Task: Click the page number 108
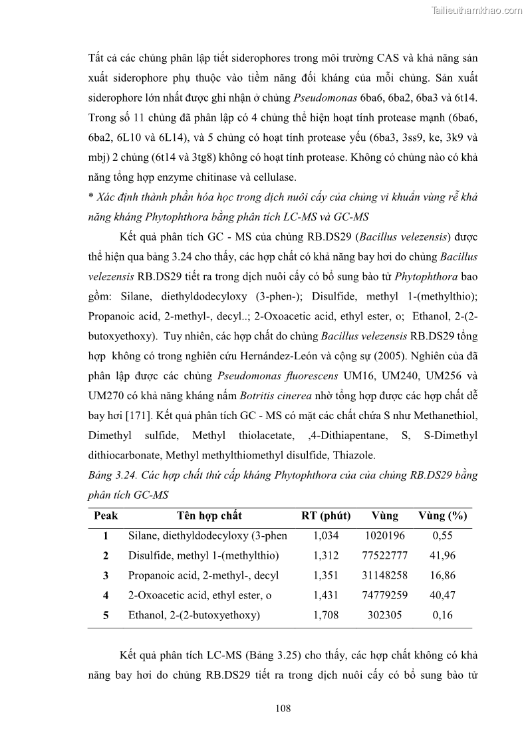point(283,708)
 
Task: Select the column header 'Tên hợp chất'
point(209,515)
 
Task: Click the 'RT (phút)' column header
point(326,515)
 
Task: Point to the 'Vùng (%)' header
point(442,515)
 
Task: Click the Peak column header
point(106,515)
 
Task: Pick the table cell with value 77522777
point(386,555)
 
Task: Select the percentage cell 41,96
point(442,555)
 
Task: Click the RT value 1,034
point(326,535)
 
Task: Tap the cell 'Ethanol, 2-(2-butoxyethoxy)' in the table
point(194,615)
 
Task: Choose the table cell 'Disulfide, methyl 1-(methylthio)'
point(203,555)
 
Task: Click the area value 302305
point(386,615)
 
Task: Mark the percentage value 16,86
point(442,575)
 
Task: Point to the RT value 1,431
point(326,595)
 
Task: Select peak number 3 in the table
point(106,575)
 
